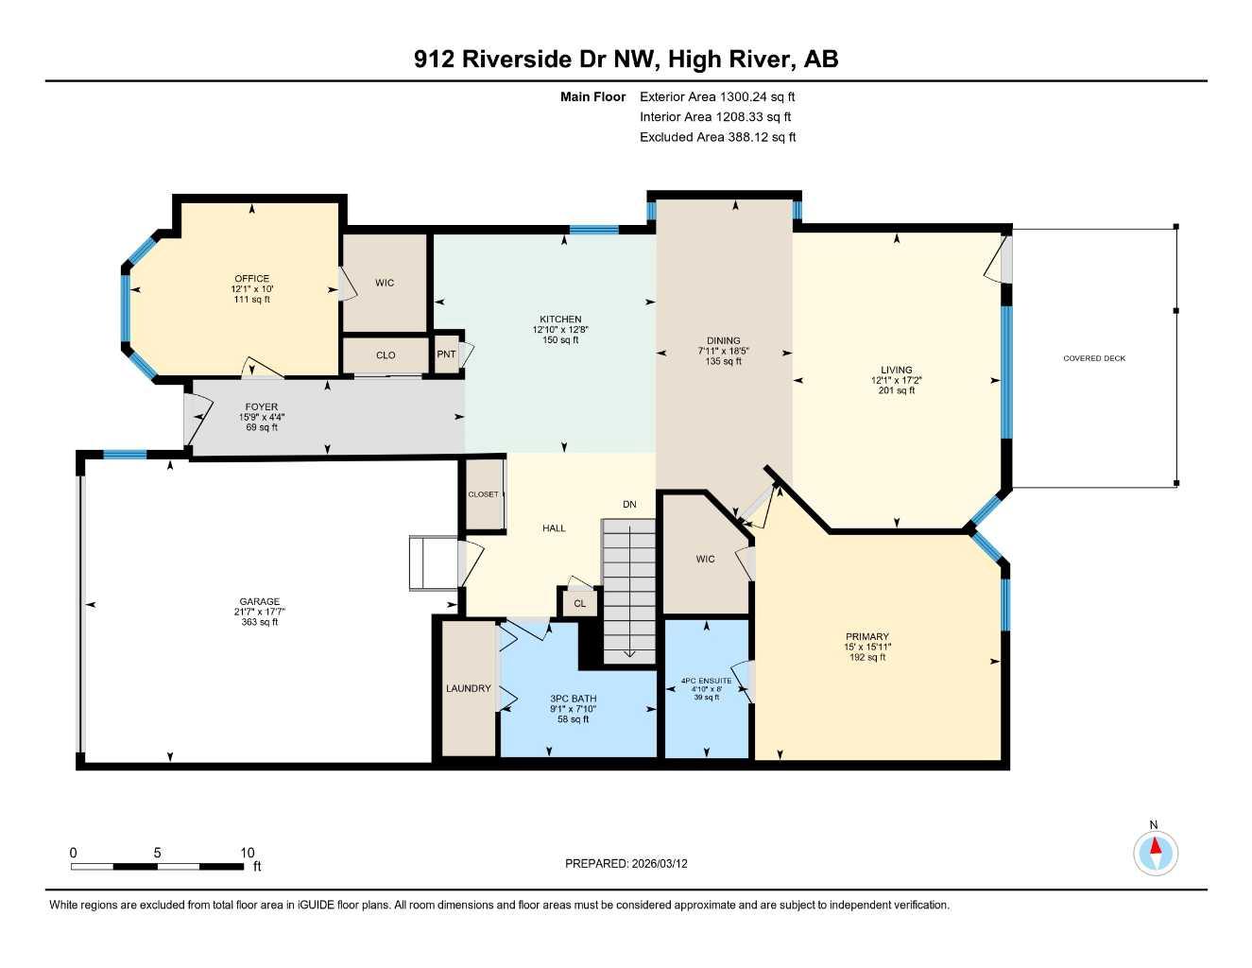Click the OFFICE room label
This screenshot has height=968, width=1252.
[251, 279]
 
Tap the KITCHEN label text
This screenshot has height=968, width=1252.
[560, 320]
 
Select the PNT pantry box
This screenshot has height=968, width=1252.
[446, 354]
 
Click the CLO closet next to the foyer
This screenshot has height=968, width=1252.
[386, 355]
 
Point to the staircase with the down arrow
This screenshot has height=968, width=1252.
[629, 591]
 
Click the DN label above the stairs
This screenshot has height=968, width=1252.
[629, 505]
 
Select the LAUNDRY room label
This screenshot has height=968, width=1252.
[468, 688]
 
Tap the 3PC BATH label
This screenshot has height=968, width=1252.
[574, 699]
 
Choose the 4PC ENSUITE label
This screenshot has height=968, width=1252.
[706, 681]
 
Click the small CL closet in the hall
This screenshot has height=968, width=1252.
[579, 603]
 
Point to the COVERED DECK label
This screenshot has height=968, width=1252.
[1094, 358]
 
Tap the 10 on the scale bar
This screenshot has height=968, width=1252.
[248, 853]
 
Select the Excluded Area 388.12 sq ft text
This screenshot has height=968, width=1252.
[717, 137]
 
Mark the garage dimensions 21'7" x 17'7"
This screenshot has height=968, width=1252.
[259, 612]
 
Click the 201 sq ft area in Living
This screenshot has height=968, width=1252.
[896, 390]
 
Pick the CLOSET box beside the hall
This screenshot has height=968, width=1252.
[483, 494]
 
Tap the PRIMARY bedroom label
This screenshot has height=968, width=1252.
[866, 637]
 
